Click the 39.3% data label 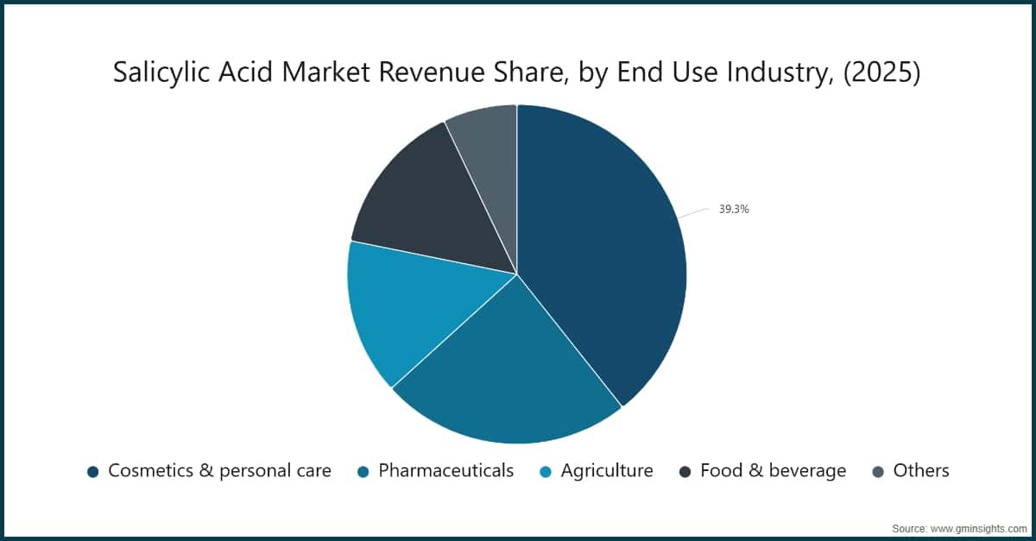point(734,209)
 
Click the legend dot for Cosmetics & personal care point(92,471)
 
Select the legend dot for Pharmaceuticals point(363,471)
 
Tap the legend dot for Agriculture point(545,471)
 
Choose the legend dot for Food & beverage point(685,471)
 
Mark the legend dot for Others point(878,471)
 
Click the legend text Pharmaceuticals point(445,471)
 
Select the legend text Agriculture point(607,471)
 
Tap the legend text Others point(921,471)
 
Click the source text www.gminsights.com point(980,526)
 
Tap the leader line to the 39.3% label point(693,211)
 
